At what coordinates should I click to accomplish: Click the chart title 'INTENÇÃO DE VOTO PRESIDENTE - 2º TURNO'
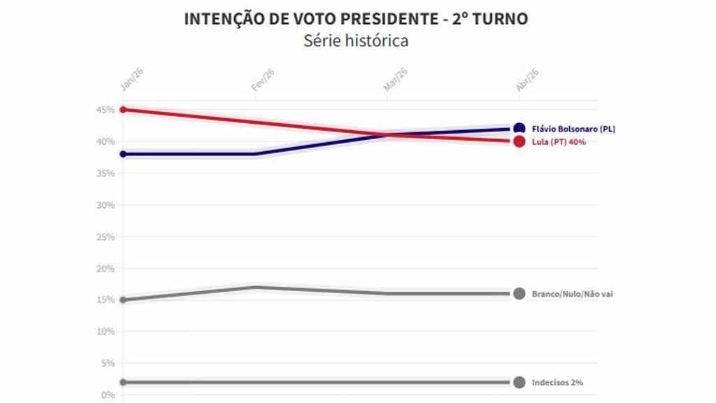pyautogui.click(x=356, y=19)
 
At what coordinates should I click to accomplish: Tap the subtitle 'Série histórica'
pyautogui.click(x=356, y=41)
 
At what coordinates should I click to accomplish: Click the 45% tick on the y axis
pyautogui.click(x=106, y=110)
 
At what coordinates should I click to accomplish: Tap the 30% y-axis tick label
pyautogui.click(x=106, y=205)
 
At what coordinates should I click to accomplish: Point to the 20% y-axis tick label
pyautogui.click(x=106, y=269)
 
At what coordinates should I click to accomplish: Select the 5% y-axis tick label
pyautogui.click(x=108, y=363)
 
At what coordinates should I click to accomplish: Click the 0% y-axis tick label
pyautogui.click(x=108, y=395)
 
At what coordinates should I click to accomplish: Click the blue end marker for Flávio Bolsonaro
pyautogui.click(x=519, y=129)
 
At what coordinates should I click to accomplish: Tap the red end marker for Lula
pyautogui.click(x=519, y=141)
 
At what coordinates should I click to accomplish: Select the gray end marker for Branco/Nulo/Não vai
pyautogui.click(x=519, y=294)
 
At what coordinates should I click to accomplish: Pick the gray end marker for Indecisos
pyautogui.click(x=519, y=383)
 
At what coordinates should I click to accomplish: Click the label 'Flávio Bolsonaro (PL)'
pyautogui.click(x=573, y=129)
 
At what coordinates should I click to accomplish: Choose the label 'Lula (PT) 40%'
pyautogui.click(x=559, y=142)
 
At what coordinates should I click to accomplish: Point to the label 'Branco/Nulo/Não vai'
pyautogui.click(x=572, y=294)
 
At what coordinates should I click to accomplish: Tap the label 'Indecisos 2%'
pyautogui.click(x=557, y=383)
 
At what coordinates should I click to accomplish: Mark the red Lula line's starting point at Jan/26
pyautogui.click(x=123, y=110)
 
